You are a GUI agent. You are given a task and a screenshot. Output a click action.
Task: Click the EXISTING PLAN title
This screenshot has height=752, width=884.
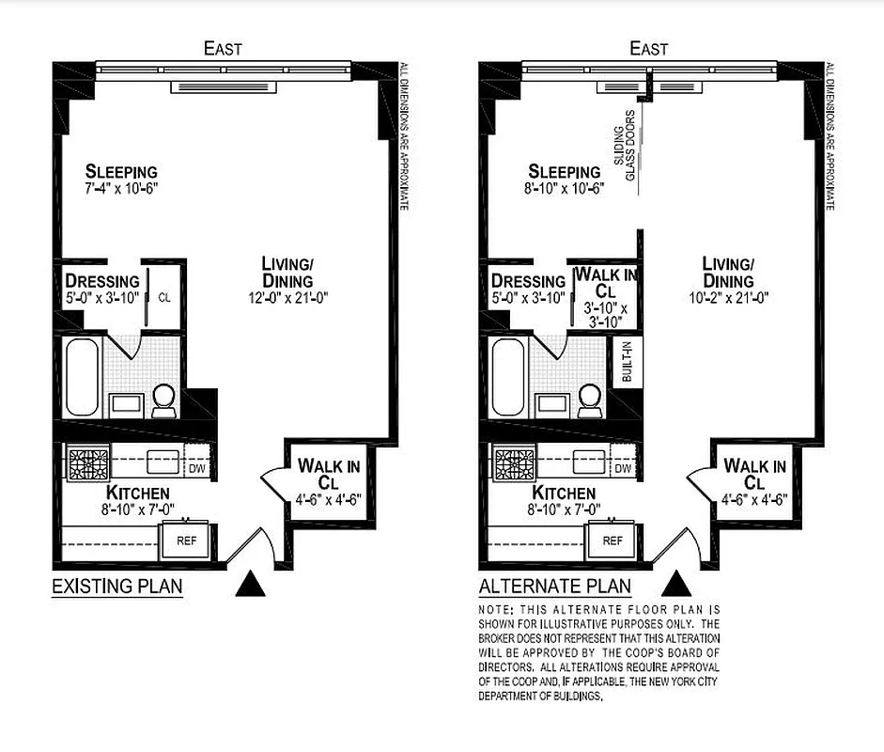pos(116,587)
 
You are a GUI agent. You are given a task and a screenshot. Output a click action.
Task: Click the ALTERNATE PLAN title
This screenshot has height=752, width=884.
pos(554,587)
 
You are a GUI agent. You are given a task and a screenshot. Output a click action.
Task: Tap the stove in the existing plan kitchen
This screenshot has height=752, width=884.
pos(87,464)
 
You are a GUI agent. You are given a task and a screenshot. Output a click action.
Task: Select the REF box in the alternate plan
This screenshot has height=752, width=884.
pos(612,540)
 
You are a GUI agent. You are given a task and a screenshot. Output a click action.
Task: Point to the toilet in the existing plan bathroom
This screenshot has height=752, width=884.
pos(163,400)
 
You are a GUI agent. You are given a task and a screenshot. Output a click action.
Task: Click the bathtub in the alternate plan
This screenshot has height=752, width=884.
pos(508,377)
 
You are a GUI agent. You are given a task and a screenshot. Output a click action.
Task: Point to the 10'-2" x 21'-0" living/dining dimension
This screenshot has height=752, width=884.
pos(728,300)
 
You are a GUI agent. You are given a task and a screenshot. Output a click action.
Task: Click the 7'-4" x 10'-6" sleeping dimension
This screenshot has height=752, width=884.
pos(120,187)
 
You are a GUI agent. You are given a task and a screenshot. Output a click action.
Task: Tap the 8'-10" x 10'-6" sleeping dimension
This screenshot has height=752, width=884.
pos(563,187)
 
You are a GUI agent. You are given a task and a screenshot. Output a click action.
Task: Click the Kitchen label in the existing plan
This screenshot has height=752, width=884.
pos(137,493)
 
